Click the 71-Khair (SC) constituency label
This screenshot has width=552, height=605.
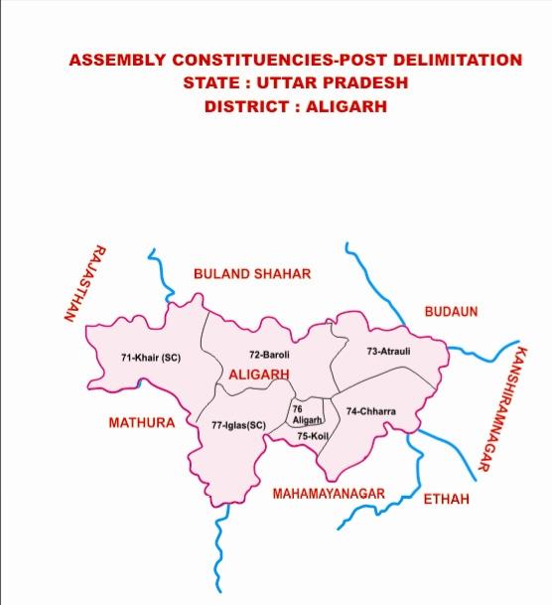pyautogui.click(x=151, y=358)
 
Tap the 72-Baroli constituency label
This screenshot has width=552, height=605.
pyautogui.click(x=269, y=355)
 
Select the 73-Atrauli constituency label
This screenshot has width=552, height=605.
pyautogui.click(x=388, y=351)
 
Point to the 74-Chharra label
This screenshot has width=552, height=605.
pyautogui.click(x=370, y=411)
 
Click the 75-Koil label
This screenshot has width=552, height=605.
pyautogui.click(x=313, y=436)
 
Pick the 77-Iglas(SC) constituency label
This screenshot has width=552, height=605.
pyautogui.click(x=239, y=425)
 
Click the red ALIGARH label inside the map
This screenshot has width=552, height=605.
pyautogui.click(x=259, y=375)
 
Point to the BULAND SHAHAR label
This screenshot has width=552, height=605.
pyautogui.click(x=252, y=274)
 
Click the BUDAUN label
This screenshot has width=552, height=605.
pyautogui.click(x=451, y=312)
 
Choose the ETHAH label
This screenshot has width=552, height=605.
pyautogui.click(x=446, y=499)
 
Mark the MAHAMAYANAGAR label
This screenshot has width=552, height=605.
pyautogui.click(x=329, y=493)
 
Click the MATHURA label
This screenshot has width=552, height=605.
pyautogui.click(x=141, y=423)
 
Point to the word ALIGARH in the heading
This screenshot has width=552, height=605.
pyautogui.click(x=345, y=106)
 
